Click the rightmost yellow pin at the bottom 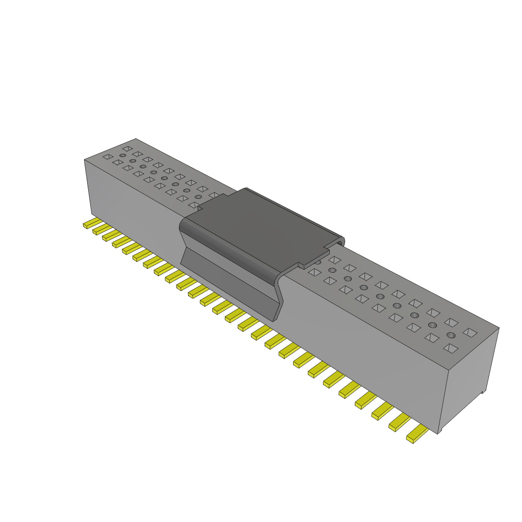click(417, 435)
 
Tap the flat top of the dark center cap click(265, 224)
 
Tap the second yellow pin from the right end click(400, 423)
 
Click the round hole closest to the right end click(451, 335)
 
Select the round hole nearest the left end click(123, 155)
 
